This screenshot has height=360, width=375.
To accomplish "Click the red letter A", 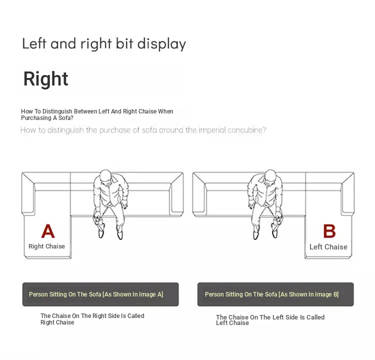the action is (48, 231).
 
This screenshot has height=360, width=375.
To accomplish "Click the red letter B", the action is (329, 231).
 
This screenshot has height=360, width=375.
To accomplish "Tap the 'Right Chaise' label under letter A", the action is (46, 246).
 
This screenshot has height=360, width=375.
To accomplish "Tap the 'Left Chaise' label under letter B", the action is (328, 247).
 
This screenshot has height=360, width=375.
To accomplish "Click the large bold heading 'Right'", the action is (45, 78).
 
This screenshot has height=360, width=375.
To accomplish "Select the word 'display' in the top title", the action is (161, 44).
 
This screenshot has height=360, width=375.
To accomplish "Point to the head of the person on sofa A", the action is (105, 176).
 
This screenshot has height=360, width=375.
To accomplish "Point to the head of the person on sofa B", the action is (270, 176).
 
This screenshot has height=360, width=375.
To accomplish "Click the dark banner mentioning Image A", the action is (100, 294).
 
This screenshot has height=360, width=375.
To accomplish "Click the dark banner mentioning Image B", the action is (275, 294).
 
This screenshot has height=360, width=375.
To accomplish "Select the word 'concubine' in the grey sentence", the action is (247, 130).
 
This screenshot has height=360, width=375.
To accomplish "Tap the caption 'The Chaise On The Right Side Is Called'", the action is (92, 315).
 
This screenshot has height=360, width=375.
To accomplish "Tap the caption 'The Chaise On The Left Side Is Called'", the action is (270, 317).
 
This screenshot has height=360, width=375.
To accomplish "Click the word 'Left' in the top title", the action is (34, 43).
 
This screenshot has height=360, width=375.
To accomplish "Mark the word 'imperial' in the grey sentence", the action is (212, 130).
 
